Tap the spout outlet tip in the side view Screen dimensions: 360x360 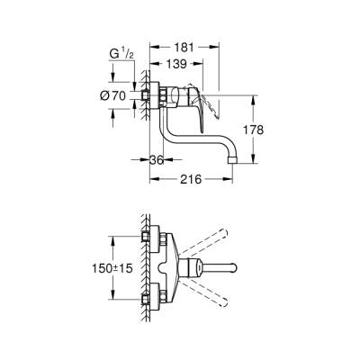click(233, 161)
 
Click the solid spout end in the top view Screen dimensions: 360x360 click(232, 267)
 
